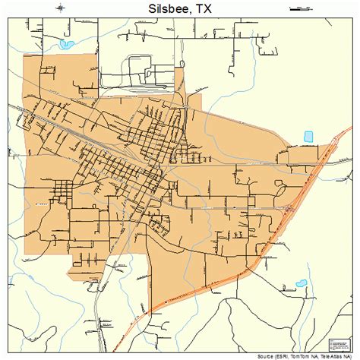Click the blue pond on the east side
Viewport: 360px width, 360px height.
(308, 137)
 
